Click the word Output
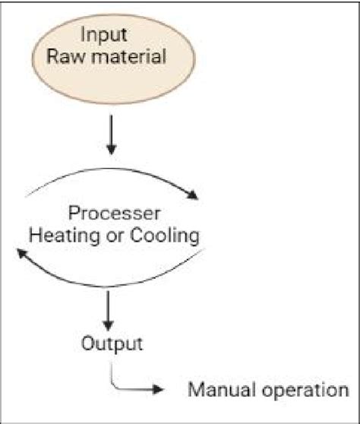(112, 343)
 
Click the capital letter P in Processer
(73, 214)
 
